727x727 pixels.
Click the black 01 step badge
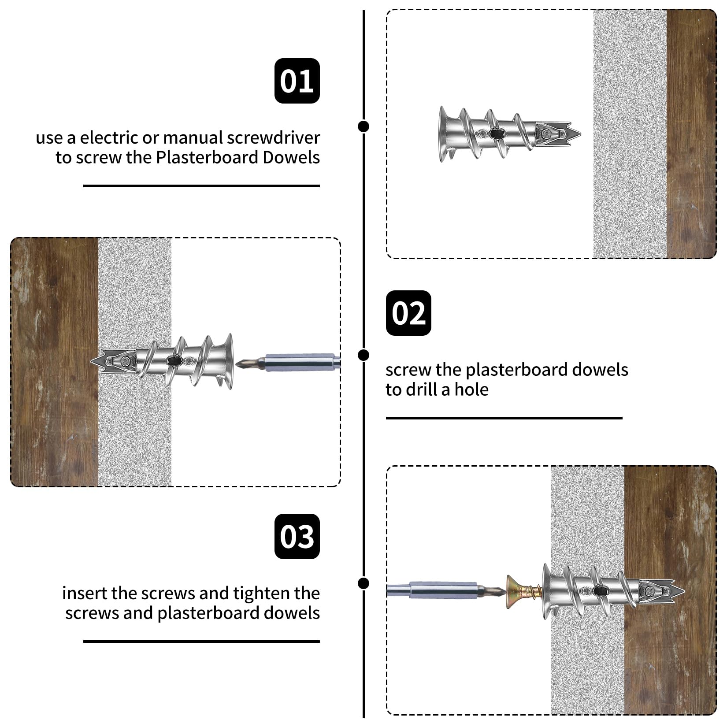coord(297,81)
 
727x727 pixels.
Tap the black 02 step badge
coord(408,313)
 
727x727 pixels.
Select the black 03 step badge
coord(297,536)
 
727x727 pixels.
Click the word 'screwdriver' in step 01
coord(273,138)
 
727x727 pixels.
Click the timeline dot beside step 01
coord(363,126)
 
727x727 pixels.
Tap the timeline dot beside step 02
coord(363,355)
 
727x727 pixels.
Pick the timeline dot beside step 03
coord(363,583)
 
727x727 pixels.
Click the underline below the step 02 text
coord(504,418)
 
